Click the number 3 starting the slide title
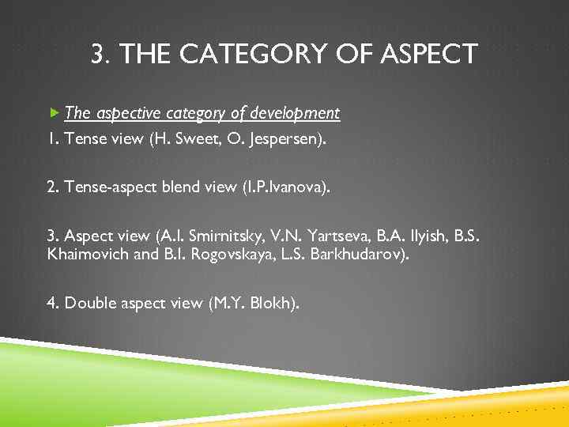pos(98,55)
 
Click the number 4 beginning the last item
pos(51,304)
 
